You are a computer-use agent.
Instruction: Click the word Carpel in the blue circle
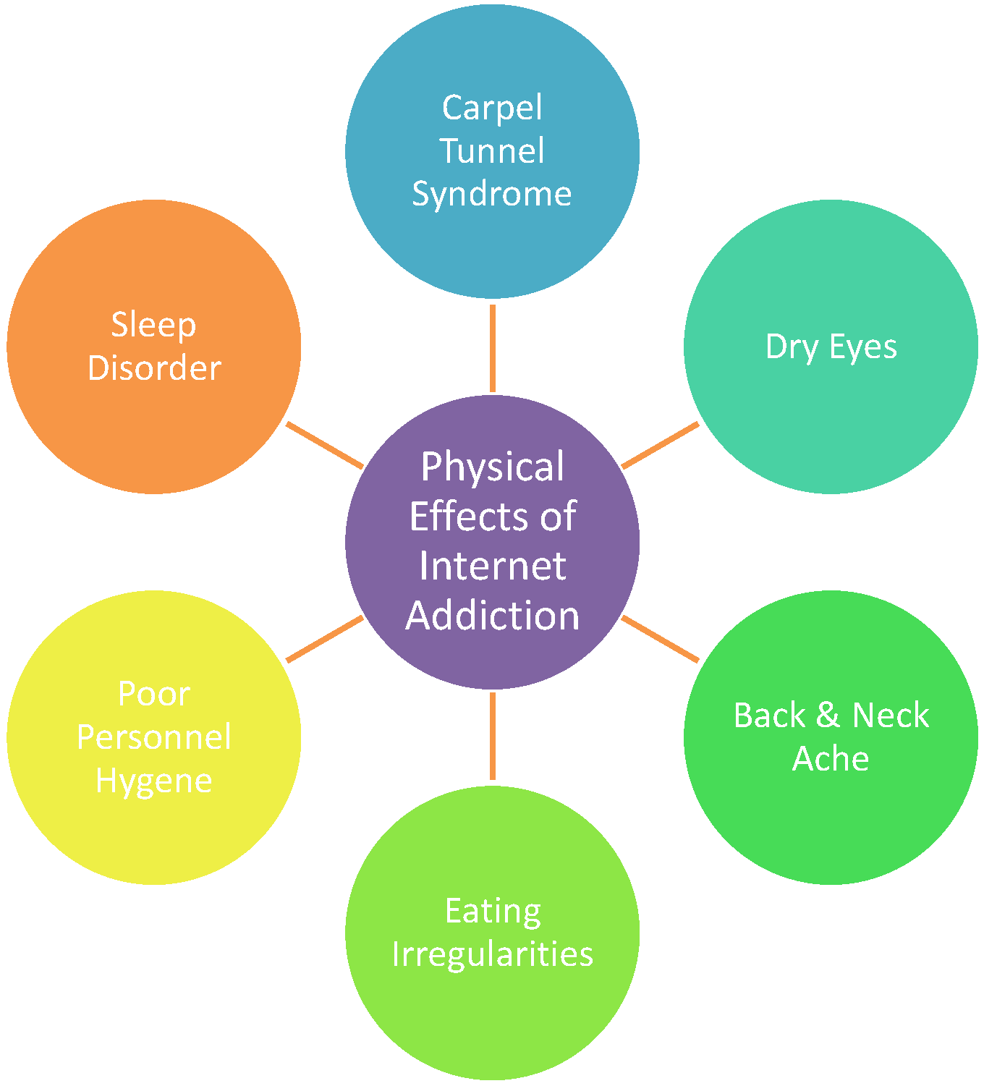pos(492,109)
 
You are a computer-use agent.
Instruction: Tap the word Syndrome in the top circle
pos(492,194)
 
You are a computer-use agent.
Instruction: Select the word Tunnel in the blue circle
pos(492,151)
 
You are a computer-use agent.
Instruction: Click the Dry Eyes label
pos(831,347)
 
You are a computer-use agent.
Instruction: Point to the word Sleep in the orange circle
pos(153,325)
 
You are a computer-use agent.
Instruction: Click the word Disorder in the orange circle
pos(154,368)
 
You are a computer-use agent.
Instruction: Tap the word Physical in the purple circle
pos(493,467)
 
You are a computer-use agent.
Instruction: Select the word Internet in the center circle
pos(493,566)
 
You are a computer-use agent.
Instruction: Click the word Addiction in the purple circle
pos(493,616)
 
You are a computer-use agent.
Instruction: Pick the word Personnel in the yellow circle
pos(154,737)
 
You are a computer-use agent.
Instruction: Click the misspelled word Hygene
pos(154,781)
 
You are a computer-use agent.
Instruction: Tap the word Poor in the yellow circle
pos(154,694)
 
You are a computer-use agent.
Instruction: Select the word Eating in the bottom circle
pos(493,911)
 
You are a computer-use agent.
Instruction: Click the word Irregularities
pos(493,954)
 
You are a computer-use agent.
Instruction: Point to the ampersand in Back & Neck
pos(828,716)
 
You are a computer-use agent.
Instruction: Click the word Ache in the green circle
pos(831,759)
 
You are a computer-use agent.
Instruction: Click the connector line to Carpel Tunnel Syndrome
pos(493,347)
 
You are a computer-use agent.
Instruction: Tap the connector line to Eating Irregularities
pos(493,737)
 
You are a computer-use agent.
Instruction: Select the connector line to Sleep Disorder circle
pos(323,445)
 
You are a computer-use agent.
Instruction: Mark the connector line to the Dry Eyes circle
pos(661,445)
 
